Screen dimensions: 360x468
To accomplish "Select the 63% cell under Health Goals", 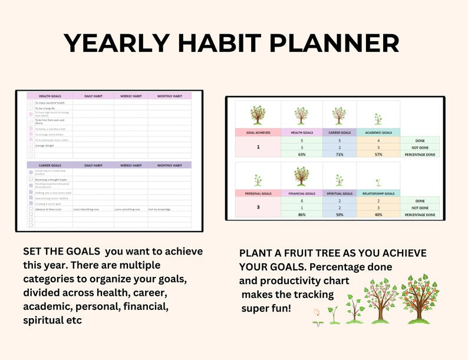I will tap(301, 154).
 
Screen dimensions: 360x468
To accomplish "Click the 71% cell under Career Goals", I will tap(340, 154).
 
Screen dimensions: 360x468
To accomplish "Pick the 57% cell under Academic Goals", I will tap(378, 154).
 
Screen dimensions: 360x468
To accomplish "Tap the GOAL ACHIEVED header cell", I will tap(258, 133).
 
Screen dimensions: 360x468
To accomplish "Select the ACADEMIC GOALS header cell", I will tap(378, 133).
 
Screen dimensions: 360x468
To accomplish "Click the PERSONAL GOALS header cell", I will tap(258, 193).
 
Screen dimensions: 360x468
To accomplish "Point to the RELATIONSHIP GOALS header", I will tap(378, 193).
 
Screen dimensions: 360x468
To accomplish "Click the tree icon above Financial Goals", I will tap(301, 176).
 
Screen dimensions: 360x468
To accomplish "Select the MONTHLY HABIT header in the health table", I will tap(169, 95).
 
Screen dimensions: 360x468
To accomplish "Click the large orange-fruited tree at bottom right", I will tap(419, 299).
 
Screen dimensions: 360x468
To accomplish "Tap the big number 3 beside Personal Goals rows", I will tap(258, 207).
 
